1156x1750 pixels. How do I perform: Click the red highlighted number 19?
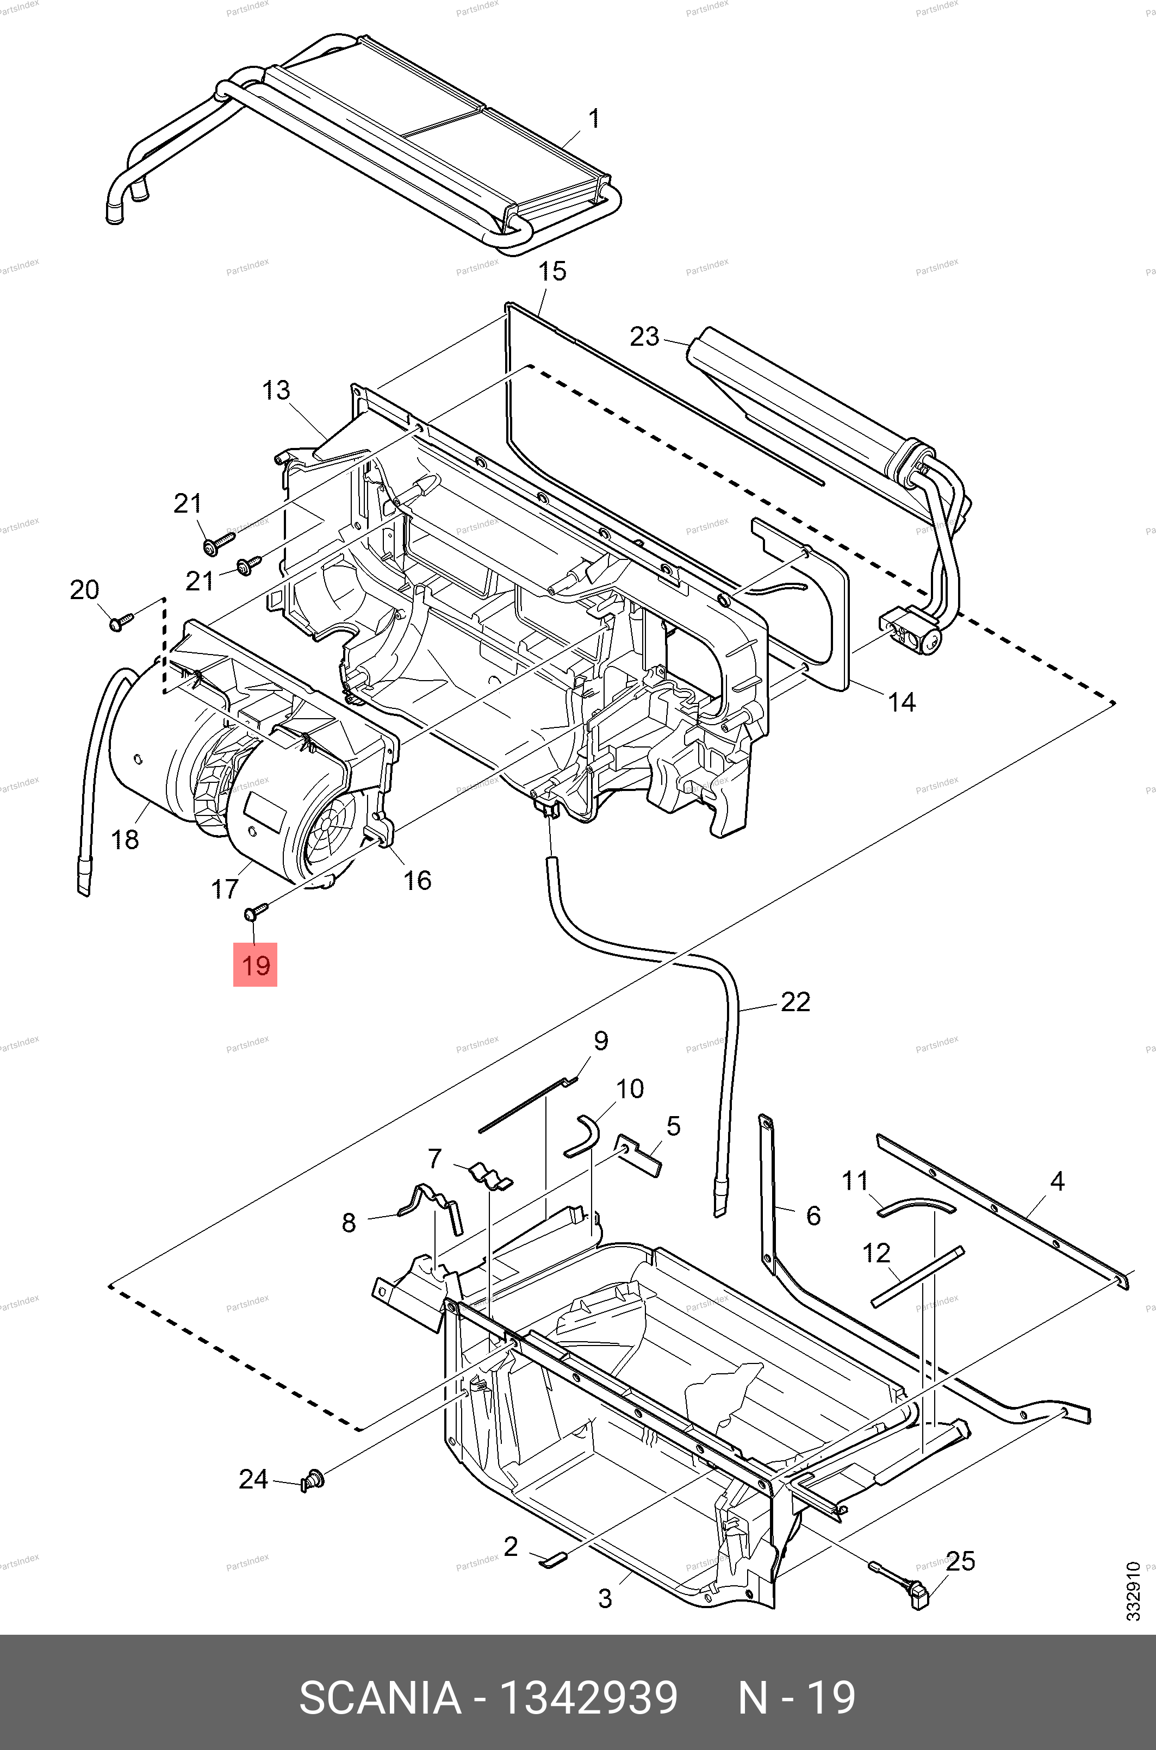click(255, 964)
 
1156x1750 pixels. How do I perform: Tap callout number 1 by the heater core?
click(593, 119)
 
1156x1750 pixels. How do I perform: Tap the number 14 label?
click(901, 702)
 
